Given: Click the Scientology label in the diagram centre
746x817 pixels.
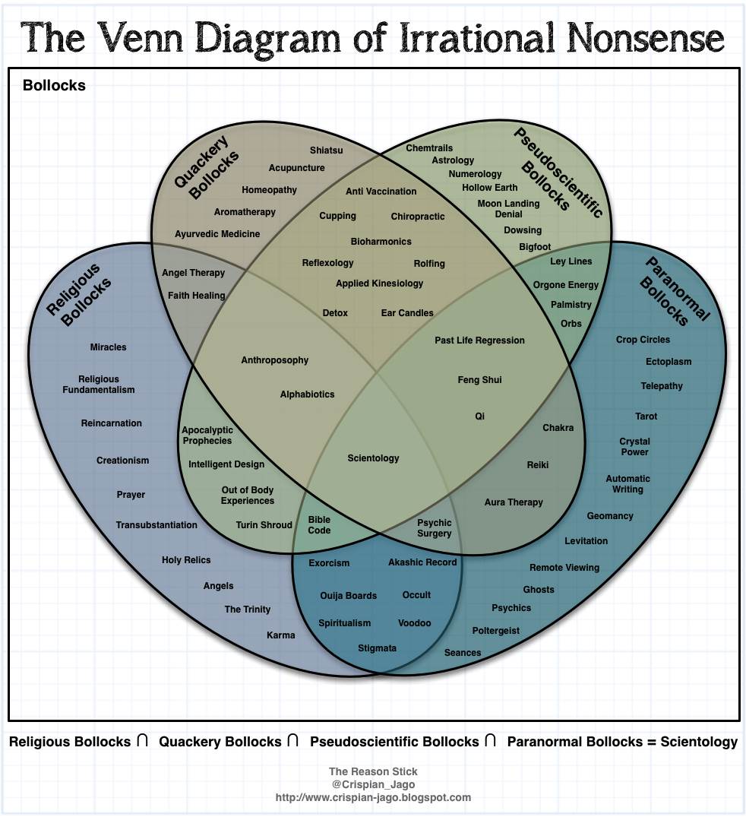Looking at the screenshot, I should [x=373, y=458].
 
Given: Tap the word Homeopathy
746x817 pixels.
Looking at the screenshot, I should [x=270, y=190].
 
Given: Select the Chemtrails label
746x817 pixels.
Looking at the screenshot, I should [x=429, y=148].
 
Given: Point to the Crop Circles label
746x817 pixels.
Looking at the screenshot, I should [x=643, y=340].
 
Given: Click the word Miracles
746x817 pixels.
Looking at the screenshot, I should [x=108, y=347].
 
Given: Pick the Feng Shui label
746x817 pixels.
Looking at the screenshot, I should [x=479, y=380].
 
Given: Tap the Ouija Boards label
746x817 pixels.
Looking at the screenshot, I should [x=348, y=596].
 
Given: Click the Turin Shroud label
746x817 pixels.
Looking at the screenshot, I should [x=264, y=525].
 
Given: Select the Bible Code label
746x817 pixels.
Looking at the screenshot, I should [x=319, y=525].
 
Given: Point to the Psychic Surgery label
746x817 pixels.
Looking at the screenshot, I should [x=435, y=528].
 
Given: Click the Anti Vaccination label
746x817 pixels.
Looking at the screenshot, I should [x=381, y=192].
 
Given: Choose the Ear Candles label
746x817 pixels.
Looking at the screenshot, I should [x=407, y=313].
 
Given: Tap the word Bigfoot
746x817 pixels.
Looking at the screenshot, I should [x=535, y=247].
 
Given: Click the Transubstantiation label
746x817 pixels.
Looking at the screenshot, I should [x=156, y=525].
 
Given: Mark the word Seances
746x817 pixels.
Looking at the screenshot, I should [x=463, y=653].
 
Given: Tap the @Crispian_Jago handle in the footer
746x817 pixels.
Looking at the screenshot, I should [x=373, y=785].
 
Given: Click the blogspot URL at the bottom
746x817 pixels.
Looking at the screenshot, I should [x=373, y=798].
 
